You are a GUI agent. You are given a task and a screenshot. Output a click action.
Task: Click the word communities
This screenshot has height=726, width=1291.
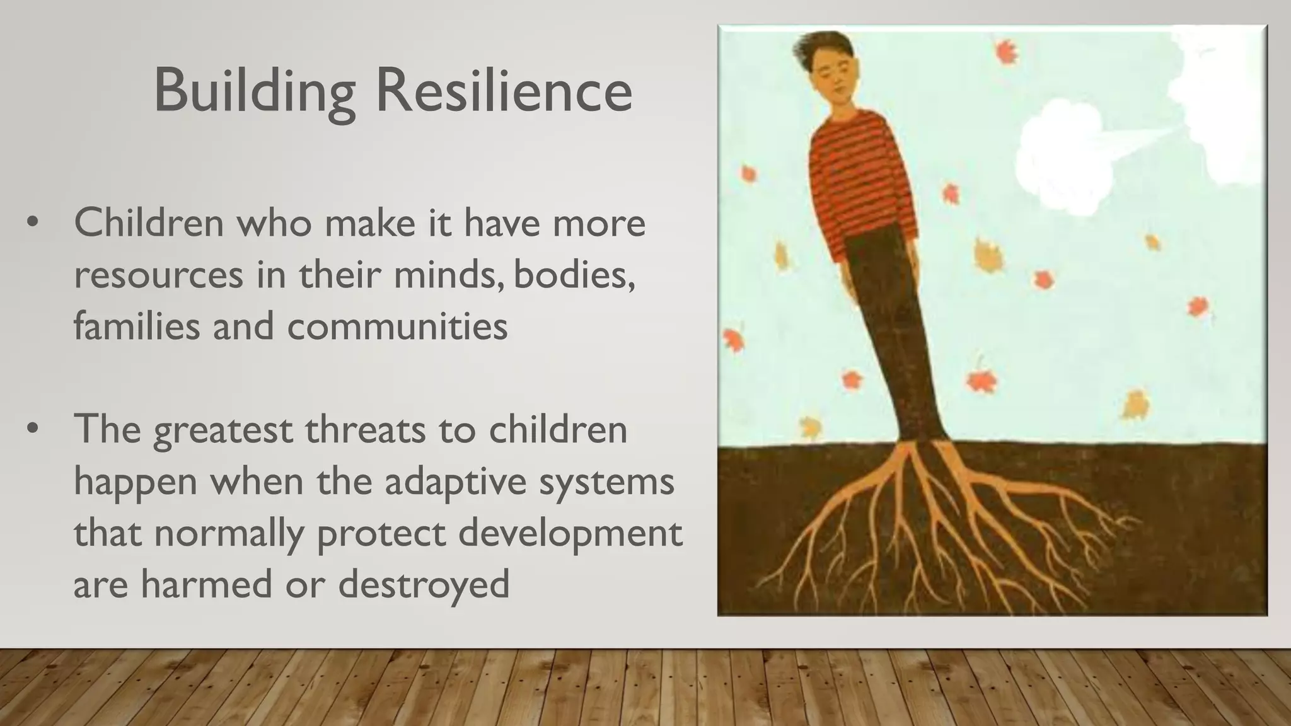pyautogui.click(x=397, y=326)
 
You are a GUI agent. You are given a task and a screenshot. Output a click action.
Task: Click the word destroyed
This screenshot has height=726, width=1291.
pyautogui.click(x=424, y=584)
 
